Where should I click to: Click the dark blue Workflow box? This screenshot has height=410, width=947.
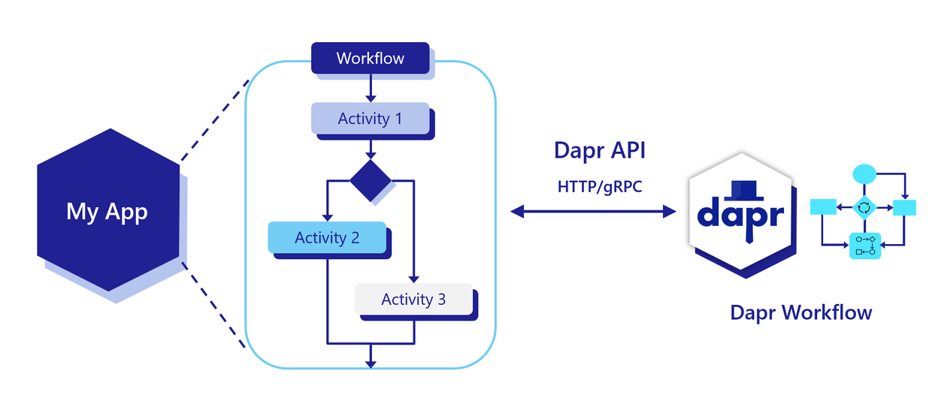370,58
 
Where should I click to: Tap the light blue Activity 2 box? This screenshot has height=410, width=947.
327,237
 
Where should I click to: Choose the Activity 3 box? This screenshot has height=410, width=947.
413,299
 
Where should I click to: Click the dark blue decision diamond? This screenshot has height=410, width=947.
371,180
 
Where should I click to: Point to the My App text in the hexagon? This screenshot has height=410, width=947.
107,211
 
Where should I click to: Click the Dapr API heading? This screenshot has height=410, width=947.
599,150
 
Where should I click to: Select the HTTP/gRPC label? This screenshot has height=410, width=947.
599,185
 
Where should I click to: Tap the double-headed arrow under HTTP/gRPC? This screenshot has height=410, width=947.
593,212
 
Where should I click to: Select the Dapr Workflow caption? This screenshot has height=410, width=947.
800,312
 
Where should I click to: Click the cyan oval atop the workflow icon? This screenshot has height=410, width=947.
864,173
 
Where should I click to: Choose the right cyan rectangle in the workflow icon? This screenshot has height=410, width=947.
903,207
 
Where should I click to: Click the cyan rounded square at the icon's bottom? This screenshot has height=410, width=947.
864,246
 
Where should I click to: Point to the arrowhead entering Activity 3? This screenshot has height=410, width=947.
413,279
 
